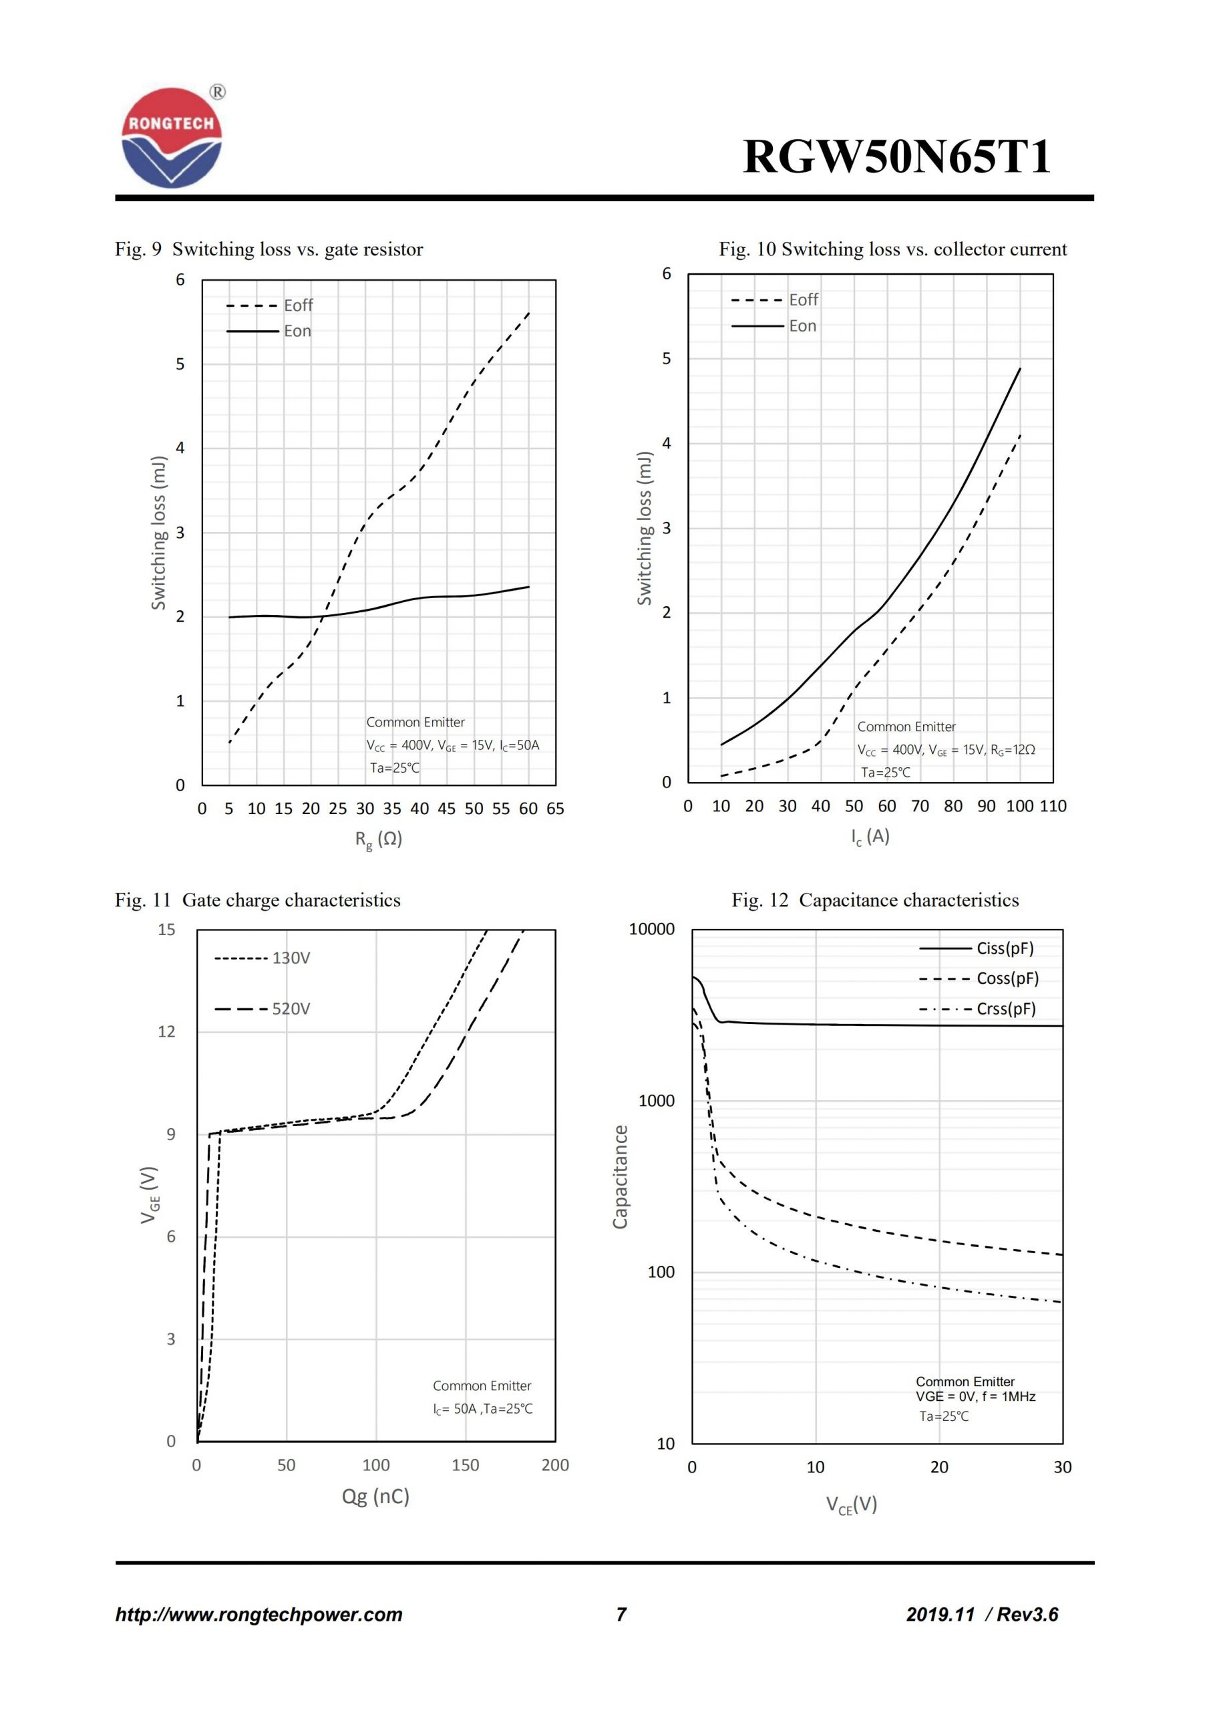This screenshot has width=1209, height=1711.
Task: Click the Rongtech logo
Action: (172, 138)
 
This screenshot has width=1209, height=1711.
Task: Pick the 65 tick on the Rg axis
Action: (555, 809)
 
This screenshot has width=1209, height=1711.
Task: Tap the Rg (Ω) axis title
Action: (379, 839)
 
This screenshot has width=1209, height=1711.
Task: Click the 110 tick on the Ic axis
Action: (1053, 805)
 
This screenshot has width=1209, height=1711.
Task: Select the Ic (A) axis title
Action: (870, 836)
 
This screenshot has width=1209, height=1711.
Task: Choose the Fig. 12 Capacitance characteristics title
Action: (874, 900)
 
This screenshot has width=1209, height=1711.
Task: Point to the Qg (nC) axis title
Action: (375, 1496)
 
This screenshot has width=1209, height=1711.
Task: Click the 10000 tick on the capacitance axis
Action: (651, 929)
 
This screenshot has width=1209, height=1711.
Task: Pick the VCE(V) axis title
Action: (852, 1504)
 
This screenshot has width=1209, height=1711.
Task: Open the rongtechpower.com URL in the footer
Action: (258, 1614)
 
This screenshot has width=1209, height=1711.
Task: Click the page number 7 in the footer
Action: (621, 1614)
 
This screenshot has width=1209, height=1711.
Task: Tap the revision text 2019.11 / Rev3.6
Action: (982, 1614)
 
